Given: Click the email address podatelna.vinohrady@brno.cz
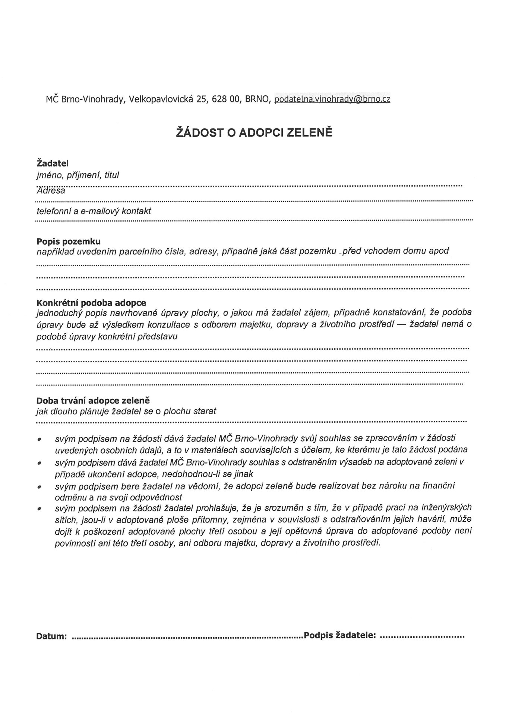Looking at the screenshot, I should point(332,99).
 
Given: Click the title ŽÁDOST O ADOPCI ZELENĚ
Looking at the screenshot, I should point(254,133).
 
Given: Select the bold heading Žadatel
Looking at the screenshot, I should point(53,163).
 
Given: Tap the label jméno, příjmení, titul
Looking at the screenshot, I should point(78,175).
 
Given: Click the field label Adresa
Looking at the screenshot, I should point(51,191).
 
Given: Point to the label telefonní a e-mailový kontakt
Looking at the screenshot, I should point(94,211).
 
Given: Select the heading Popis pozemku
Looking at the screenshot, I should point(69,241).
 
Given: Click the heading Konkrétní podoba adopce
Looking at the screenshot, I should point(91,302).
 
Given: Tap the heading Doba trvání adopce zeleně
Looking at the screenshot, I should point(93,401).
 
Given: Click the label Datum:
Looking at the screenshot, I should point(51,636).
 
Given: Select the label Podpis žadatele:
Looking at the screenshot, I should point(340,635).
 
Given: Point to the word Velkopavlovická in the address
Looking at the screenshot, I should point(161,99).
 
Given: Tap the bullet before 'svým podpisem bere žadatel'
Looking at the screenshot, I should point(39,487).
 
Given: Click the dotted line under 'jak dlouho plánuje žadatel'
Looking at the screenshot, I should point(252,422).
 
